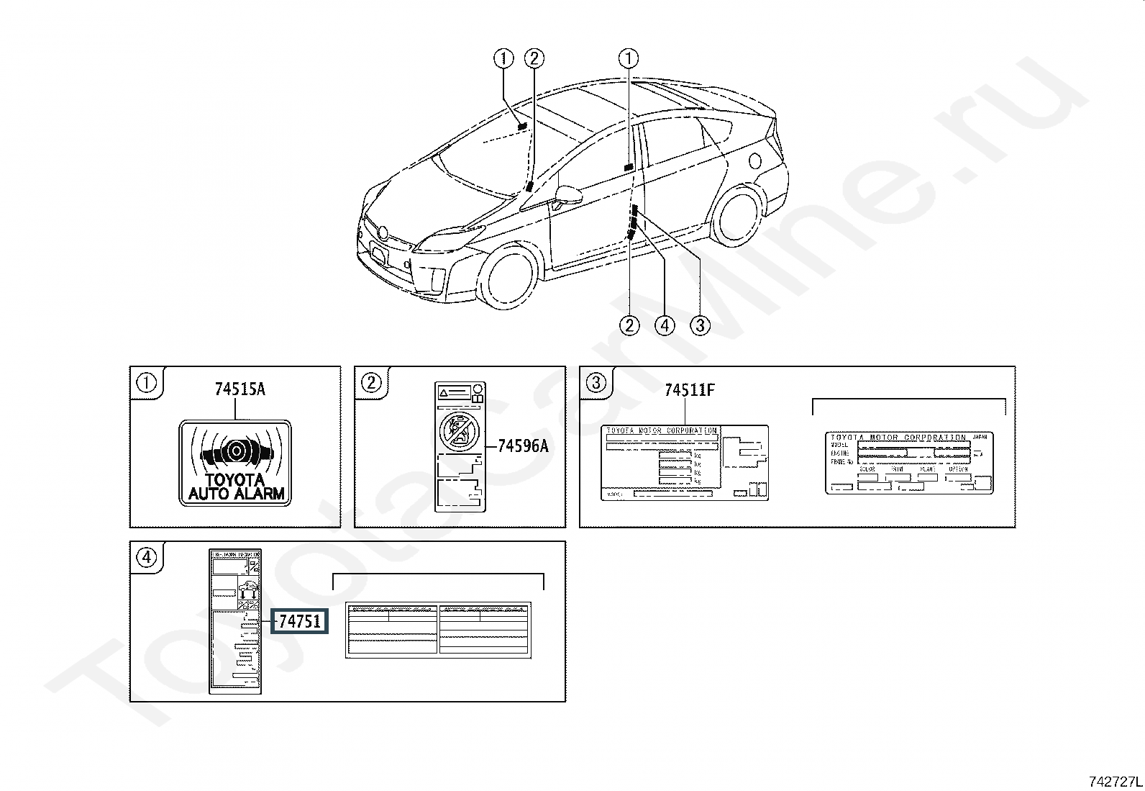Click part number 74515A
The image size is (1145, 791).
240,389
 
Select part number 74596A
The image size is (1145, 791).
523,446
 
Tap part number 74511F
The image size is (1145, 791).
689,390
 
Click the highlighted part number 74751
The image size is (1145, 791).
299,620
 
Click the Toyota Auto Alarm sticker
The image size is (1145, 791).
235,463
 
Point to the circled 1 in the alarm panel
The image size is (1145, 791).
146,382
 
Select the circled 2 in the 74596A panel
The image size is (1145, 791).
370,382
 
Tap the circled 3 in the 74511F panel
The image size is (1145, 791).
596,382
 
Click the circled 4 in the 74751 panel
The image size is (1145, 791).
146,557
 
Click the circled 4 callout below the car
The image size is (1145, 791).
665,325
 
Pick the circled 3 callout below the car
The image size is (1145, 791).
700,325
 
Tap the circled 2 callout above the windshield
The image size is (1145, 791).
534,58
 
